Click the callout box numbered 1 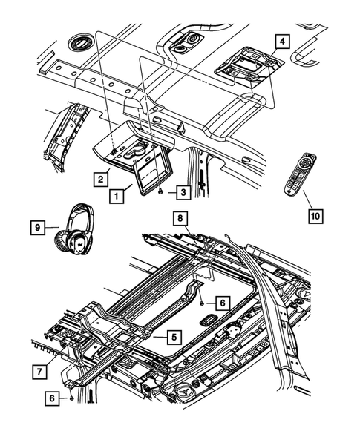click(116, 196)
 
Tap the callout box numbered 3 click(183, 192)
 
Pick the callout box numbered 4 click(283, 42)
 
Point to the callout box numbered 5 click(174, 337)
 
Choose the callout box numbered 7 click(39, 372)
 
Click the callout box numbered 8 click(180, 218)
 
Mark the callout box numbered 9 click(38, 228)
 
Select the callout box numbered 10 click(315, 216)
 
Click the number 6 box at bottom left click(52, 398)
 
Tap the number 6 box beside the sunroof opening click(223, 303)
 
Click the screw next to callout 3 click(161, 191)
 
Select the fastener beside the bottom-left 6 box click(71, 399)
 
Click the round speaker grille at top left click(81, 42)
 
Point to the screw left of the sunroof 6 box click(202, 303)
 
